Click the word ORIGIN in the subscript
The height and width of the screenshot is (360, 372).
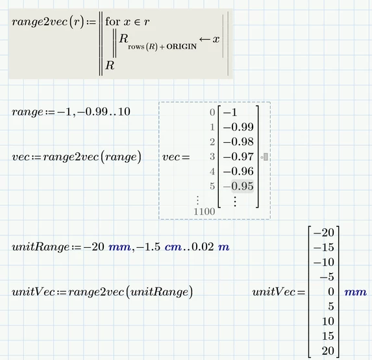[x=182, y=47]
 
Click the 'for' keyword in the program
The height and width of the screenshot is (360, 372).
[x=113, y=21]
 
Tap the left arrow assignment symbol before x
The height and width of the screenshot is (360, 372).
[x=205, y=39]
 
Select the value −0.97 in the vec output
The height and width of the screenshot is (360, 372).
[x=238, y=157]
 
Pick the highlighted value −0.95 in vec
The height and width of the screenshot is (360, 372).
[x=238, y=186]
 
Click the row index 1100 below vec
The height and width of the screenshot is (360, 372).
[x=205, y=211]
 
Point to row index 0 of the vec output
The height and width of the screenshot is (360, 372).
[x=212, y=112]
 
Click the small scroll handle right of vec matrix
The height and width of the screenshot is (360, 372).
[x=266, y=157]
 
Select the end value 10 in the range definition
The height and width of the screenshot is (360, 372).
[x=124, y=112]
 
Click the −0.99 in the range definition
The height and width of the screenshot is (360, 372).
[x=93, y=112]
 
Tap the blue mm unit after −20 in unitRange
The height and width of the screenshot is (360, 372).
[x=119, y=247]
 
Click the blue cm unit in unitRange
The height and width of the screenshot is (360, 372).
[x=173, y=247]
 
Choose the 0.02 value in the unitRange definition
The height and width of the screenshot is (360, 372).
[x=203, y=246]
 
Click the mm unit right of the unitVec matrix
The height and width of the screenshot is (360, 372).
[x=355, y=293]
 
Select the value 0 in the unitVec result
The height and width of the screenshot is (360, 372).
[x=331, y=292]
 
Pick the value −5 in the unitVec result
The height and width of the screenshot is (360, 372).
[x=327, y=277]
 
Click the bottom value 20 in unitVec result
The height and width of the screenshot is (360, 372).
[x=328, y=351]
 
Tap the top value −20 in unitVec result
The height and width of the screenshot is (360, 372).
[x=324, y=233]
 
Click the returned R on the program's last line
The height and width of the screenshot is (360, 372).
[x=110, y=65]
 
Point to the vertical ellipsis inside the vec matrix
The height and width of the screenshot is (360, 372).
[x=235, y=202]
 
